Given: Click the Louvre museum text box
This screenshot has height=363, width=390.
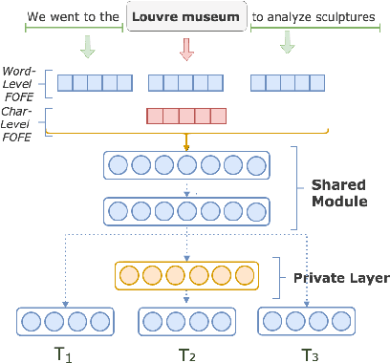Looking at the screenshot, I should pyautogui.click(x=186, y=17).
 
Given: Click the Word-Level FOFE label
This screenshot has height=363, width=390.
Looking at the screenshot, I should pyautogui.click(x=20, y=83).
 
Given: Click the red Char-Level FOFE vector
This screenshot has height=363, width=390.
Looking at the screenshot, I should pyautogui.click(x=186, y=117).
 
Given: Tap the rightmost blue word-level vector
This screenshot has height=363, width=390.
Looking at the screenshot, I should pyautogui.click(x=285, y=82).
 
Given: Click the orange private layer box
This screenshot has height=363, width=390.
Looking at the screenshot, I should pyautogui.click(x=186, y=276).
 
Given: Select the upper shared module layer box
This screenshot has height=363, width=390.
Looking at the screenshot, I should pyautogui.click(x=186, y=165).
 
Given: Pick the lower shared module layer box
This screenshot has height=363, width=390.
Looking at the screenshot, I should pyautogui.click(x=186, y=212).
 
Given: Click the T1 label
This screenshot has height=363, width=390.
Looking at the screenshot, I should pyautogui.click(x=63, y=353).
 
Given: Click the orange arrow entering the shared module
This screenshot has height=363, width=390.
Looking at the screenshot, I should pyautogui.click(x=186, y=140).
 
